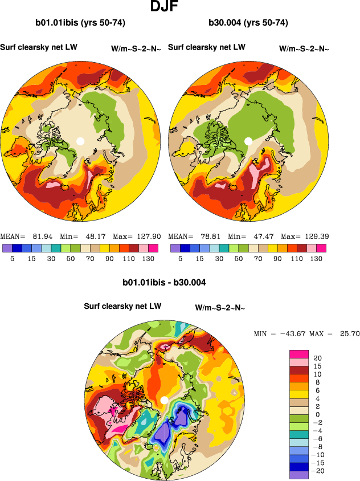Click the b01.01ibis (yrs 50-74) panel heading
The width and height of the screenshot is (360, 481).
[80, 23]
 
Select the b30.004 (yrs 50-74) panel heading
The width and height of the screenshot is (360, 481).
[248, 23]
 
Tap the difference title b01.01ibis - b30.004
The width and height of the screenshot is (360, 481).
[164, 282]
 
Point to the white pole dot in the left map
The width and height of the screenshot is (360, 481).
[80, 141]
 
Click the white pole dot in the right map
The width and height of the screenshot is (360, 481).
[248, 141]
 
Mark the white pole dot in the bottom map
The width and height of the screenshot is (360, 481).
[164, 400]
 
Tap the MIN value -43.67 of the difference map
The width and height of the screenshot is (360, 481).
[293, 333]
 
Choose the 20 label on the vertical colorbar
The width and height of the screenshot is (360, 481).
[318, 358]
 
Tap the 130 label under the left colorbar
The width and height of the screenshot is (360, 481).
[146, 258]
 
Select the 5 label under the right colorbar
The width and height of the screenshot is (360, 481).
[180, 258]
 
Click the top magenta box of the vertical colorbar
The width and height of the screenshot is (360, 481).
[298, 354]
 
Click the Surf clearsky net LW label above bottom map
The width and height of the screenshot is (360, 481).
[122, 307]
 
